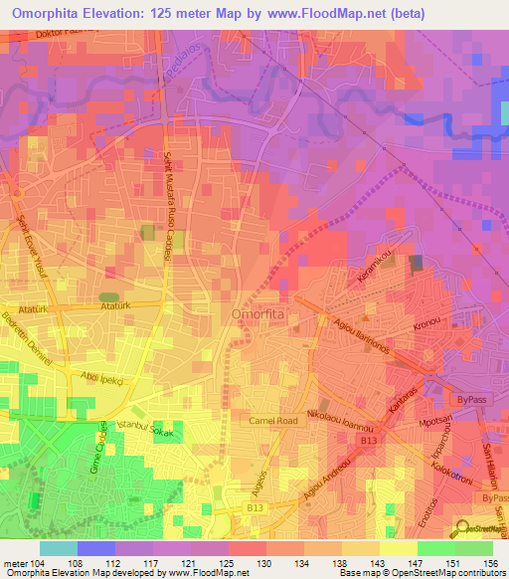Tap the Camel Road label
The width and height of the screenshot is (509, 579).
pyautogui.click(x=273, y=421)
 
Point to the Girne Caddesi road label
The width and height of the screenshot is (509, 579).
pyautogui.click(x=98, y=458)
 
